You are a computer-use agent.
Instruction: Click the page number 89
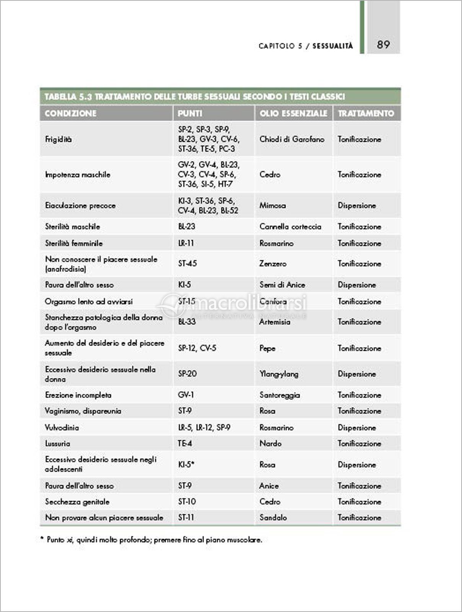(383, 45)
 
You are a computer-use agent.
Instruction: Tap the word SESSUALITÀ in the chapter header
(333, 46)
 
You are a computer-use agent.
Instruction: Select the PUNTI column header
(190, 114)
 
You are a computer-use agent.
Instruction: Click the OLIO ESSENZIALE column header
(293, 114)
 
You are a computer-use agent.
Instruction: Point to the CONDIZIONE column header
(70, 114)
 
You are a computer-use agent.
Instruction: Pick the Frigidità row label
(58, 139)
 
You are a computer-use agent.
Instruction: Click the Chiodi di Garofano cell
(292, 139)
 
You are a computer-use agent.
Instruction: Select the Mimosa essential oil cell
(272, 205)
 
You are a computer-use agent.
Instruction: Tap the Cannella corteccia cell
(290, 226)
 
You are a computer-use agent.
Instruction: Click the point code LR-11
(186, 243)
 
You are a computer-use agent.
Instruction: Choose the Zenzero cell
(273, 264)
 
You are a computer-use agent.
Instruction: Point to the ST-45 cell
(187, 264)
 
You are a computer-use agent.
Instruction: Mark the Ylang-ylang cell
(279, 374)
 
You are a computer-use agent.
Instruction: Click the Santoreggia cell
(280, 395)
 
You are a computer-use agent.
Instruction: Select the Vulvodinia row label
(62, 428)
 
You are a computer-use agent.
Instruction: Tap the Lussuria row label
(57, 444)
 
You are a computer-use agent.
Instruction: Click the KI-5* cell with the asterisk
(187, 465)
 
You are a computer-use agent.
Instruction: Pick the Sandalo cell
(273, 518)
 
